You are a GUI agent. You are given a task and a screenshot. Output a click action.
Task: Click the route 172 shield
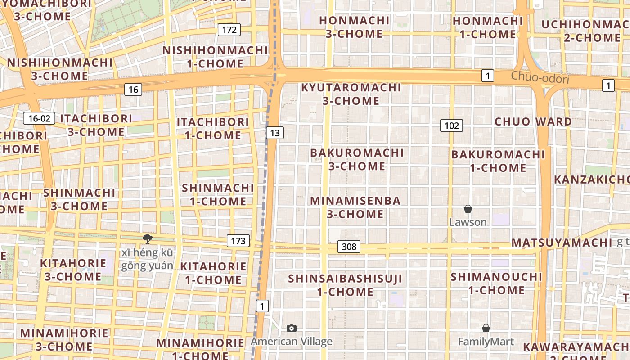(229, 30)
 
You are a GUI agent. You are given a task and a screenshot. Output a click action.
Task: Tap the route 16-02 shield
(39, 119)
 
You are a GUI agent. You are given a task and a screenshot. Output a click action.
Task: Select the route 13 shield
(275, 133)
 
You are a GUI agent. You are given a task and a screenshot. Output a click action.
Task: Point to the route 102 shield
(451, 126)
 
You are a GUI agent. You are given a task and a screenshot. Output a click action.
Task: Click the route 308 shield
(349, 247)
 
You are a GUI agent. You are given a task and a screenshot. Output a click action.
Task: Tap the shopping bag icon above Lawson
(468, 209)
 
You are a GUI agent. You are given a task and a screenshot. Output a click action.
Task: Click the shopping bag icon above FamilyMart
(486, 328)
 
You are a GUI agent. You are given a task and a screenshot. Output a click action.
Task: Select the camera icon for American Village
(292, 328)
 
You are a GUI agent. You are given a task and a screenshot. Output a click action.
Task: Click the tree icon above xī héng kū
(147, 238)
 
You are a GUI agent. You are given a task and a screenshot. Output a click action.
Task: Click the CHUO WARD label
(533, 121)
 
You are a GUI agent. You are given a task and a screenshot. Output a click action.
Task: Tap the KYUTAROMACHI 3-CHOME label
(351, 94)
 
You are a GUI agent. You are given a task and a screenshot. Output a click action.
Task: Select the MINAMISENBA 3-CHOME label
(355, 207)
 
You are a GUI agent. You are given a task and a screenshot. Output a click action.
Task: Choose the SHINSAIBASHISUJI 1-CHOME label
(345, 285)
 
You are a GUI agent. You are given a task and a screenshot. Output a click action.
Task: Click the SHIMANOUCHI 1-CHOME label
(496, 283)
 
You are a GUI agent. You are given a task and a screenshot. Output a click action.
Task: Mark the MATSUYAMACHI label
(562, 243)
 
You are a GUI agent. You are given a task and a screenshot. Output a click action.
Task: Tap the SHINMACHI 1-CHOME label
(218, 194)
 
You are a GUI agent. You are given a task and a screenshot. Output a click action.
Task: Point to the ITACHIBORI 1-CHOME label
(213, 129)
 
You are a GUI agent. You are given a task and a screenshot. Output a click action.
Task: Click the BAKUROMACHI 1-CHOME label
(498, 161)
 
